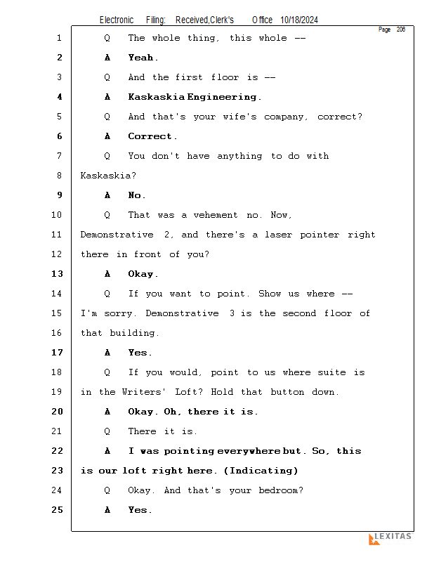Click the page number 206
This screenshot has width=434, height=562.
[x=400, y=30]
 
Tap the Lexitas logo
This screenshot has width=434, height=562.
[x=390, y=538]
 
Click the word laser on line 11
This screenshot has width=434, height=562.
[x=280, y=235]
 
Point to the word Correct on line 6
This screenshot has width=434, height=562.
[x=150, y=136]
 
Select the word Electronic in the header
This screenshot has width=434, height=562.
[x=117, y=20]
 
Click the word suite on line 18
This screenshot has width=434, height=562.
[x=331, y=372]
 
